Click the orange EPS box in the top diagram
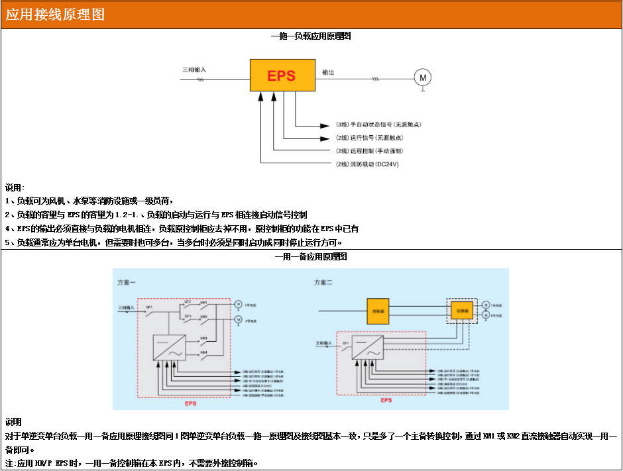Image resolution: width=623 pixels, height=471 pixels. click(282, 76)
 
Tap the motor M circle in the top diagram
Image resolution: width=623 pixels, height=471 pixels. click(422, 78)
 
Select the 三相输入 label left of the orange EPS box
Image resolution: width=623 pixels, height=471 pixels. click(194, 70)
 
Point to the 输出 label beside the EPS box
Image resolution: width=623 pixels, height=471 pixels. click(328, 72)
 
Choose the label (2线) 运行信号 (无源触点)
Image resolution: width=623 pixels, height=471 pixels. click(369, 138)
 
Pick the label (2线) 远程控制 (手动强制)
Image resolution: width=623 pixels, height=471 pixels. click(369, 151)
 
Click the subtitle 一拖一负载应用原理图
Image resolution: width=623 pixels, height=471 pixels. click(311, 36)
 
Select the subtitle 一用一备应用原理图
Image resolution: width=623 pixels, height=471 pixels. click(311, 256)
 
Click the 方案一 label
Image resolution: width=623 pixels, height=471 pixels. click(127, 282)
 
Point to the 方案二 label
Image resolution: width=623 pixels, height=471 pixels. click(323, 282)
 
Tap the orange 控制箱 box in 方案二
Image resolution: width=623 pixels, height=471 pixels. click(379, 310)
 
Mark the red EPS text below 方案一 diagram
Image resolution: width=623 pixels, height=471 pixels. click(190, 403)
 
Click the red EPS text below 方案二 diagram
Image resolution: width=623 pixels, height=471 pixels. click(386, 400)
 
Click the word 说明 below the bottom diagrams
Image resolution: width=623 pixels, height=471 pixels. click(13, 422)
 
